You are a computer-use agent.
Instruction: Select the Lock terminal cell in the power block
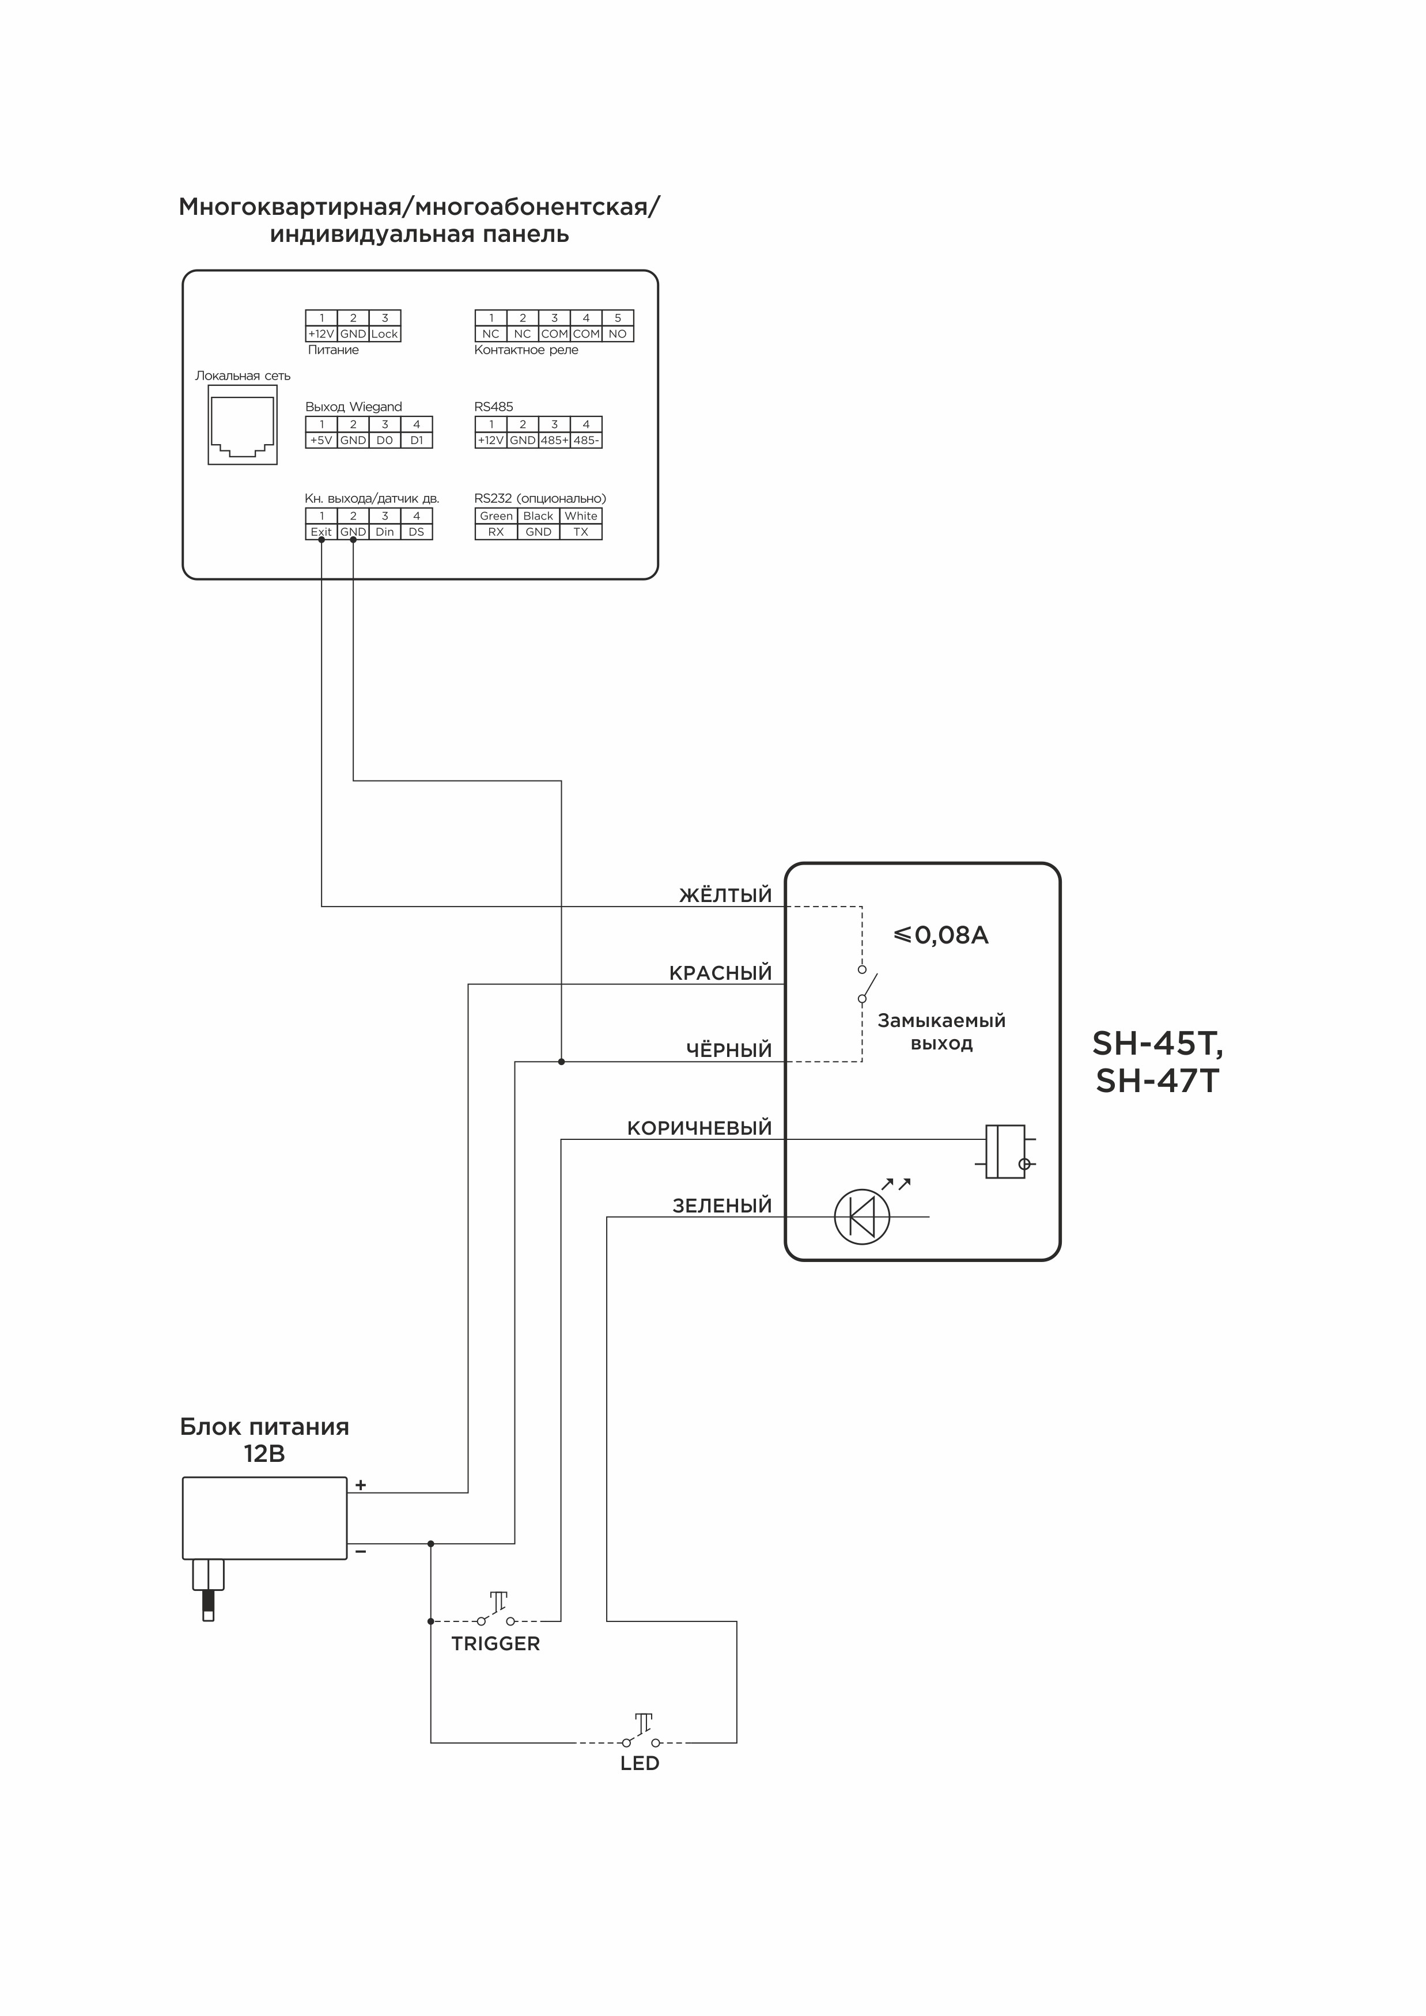click(x=385, y=334)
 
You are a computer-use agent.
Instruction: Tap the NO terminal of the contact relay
click(x=617, y=334)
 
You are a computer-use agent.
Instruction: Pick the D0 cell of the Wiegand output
click(x=385, y=440)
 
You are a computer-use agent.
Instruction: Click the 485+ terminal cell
click(x=554, y=440)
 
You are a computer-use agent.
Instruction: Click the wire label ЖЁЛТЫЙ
click(x=725, y=896)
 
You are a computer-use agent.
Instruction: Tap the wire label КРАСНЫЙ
click(x=720, y=973)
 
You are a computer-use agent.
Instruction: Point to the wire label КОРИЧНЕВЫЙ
click(x=699, y=1128)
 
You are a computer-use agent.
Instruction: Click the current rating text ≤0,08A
click(x=940, y=935)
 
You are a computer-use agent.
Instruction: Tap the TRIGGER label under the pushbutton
click(x=495, y=1644)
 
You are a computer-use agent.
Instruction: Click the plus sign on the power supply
click(x=361, y=1486)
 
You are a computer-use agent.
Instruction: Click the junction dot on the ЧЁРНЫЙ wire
click(x=561, y=1062)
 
